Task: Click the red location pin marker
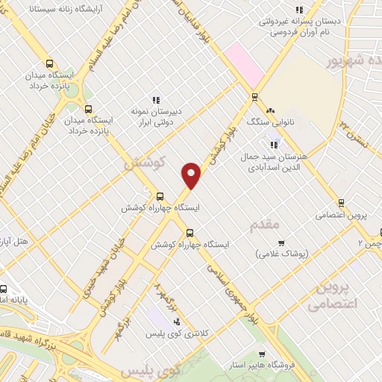click(x=192, y=175)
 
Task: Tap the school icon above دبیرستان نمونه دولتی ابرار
click(x=156, y=99)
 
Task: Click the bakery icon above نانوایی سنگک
click(x=270, y=110)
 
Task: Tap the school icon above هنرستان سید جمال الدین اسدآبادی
click(x=275, y=145)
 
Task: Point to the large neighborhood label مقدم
click(x=265, y=225)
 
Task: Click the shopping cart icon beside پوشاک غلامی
click(x=281, y=242)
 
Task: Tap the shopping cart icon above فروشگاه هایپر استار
click(x=260, y=354)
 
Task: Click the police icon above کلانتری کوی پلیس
click(x=176, y=322)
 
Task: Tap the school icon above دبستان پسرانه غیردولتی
click(x=299, y=10)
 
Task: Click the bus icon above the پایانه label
click(x=3, y=289)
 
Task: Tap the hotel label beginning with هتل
click(x=15, y=242)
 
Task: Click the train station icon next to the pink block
click(x=255, y=96)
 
